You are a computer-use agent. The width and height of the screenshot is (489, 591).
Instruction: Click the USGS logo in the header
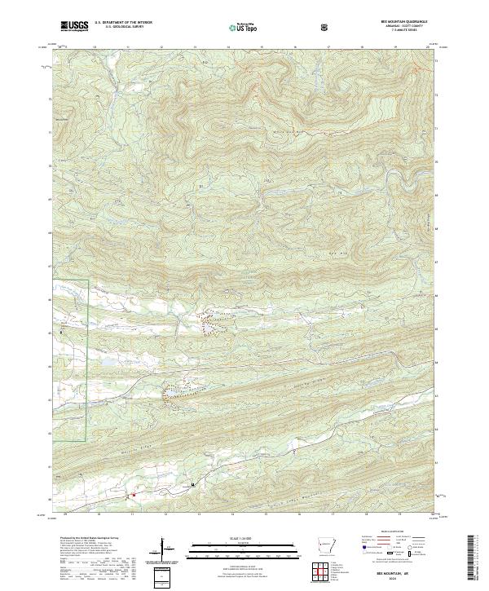pyautogui.click(x=75, y=26)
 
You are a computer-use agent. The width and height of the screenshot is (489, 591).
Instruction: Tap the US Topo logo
pyautogui.click(x=245, y=26)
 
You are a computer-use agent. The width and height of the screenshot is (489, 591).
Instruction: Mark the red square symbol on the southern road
pyautogui.click(x=134, y=494)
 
